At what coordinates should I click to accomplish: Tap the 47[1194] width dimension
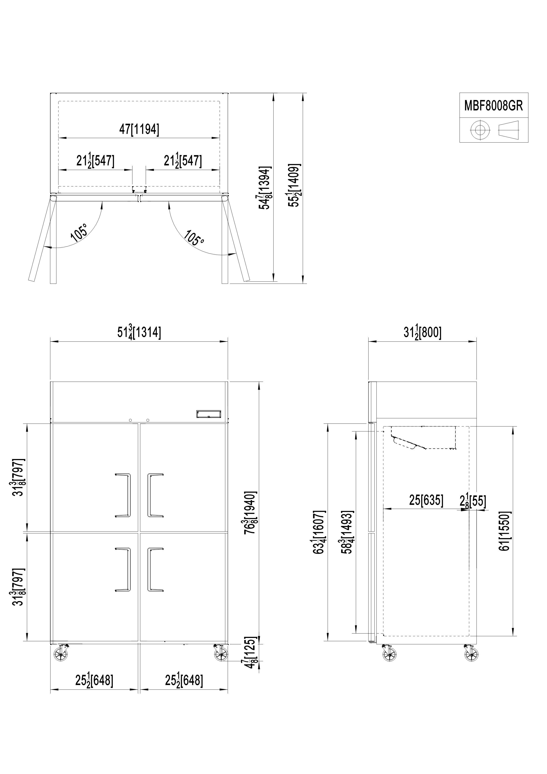tap(139, 129)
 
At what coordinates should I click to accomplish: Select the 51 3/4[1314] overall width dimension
tap(139, 332)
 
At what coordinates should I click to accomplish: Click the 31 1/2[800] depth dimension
tap(422, 333)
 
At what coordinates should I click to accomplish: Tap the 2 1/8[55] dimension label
tap(473, 501)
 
